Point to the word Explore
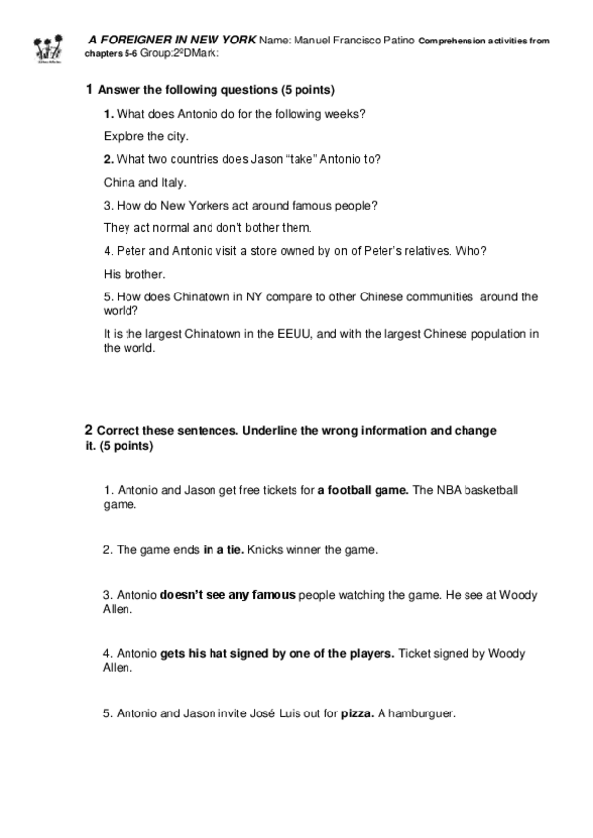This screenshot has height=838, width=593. (x=123, y=136)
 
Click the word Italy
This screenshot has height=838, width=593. (x=173, y=183)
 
